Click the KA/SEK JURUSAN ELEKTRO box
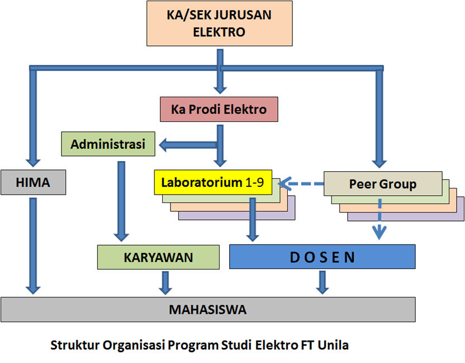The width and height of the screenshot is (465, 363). click(219, 23)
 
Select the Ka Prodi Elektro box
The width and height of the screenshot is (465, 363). click(219, 109)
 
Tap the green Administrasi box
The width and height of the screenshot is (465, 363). click(108, 144)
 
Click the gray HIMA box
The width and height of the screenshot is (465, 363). click(33, 182)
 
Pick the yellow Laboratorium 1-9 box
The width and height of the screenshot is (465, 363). click(213, 182)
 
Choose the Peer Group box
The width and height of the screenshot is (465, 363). click(382, 183)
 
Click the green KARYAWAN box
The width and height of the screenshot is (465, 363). click(158, 257)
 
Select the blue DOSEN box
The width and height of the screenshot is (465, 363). click(322, 257)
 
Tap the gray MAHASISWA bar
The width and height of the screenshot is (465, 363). click(207, 309)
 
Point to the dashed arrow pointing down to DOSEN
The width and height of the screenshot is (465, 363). click(380, 218)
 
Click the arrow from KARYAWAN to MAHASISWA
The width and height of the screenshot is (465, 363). click(164, 282)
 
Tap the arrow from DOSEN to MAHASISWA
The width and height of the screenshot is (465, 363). click(321, 282)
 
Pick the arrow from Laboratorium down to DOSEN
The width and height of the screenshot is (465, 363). click(253, 221)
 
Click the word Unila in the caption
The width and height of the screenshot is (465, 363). click(333, 345)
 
